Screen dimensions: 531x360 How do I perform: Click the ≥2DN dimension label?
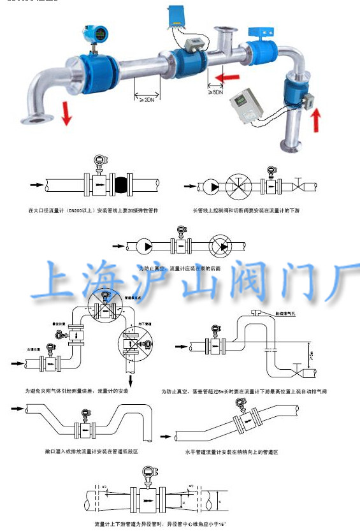[147, 100]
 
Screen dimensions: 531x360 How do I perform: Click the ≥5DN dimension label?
[216, 92]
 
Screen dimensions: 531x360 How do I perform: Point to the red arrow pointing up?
[316, 119]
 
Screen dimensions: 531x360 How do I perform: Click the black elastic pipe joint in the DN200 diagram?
[121, 185]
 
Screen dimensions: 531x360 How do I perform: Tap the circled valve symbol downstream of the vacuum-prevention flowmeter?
[222, 246]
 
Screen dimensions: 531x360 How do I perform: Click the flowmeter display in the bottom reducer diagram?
[148, 474]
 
